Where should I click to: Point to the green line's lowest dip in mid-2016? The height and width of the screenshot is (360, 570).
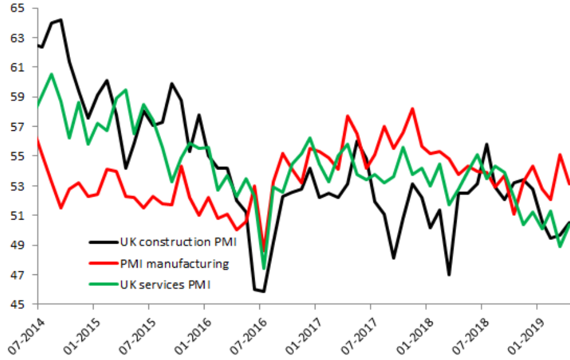pyautogui.click(x=264, y=268)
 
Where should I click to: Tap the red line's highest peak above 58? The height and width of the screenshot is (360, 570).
pyautogui.click(x=412, y=109)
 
